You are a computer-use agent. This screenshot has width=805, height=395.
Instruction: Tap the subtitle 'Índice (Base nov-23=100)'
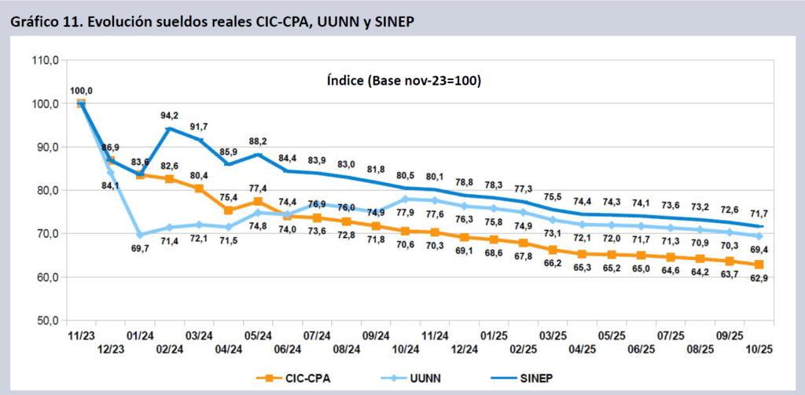(x=403, y=81)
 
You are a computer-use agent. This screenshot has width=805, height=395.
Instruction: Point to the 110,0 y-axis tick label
(x=46, y=60)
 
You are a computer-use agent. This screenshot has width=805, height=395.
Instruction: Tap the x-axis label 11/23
(x=81, y=335)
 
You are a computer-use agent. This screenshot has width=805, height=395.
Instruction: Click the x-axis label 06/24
(x=288, y=349)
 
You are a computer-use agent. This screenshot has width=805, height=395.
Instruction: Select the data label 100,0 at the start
(x=81, y=91)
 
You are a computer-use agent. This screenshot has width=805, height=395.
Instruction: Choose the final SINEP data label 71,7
(x=758, y=214)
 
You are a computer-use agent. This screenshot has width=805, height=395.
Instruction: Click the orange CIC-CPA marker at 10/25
(x=759, y=265)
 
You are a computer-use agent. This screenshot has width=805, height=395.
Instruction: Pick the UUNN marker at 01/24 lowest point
(x=140, y=235)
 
